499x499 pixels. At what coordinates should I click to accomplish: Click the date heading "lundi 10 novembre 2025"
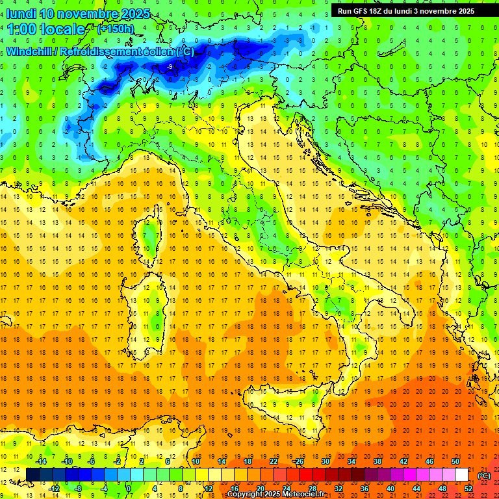point(78,14)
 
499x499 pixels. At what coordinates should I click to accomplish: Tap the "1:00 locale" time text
point(45,29)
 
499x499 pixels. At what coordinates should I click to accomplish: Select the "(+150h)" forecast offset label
point(115,29)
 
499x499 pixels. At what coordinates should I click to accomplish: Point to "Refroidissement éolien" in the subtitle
point(117,51)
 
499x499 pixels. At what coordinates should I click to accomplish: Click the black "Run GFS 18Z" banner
point(406,10)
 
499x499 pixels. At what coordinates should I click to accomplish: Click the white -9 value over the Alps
point(170,66)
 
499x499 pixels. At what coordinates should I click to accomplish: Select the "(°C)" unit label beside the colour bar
point(484,475)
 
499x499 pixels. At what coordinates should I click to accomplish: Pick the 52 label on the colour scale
point(468,488)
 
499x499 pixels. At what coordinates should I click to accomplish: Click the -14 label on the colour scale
point(42,461)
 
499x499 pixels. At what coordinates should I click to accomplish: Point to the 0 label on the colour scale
point(128,488)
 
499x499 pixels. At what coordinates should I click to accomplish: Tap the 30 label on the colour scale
point(324,461)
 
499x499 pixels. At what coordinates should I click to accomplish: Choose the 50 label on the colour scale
point(455,461)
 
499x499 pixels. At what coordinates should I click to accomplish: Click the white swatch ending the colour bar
point(461,474)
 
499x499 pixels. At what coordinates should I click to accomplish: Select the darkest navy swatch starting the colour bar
point(32,474)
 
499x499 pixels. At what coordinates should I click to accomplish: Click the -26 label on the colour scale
point(298,461)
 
